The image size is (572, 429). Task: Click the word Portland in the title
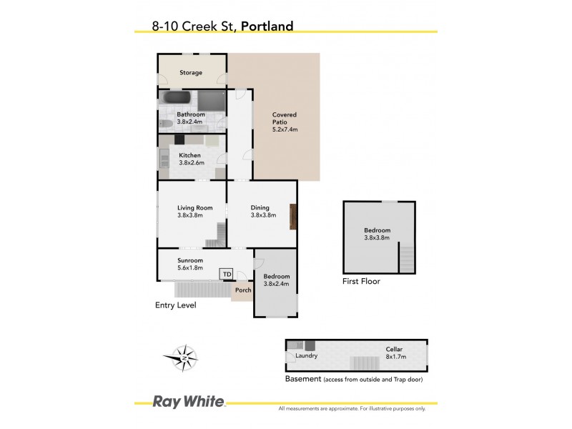click(267, 26)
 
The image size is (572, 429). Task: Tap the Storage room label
click(191, 73)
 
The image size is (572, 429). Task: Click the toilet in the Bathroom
click(165, 124)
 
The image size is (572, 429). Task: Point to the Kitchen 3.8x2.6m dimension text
click(191, 162)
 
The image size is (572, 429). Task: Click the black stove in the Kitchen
click(179, 139)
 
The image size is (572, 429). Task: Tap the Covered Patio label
click(284, 122)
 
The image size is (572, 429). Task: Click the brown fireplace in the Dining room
click(292, 217)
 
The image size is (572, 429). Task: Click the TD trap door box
click(227, 274)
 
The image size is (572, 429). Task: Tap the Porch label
click(243, 290)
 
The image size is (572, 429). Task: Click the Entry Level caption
click(175, 305)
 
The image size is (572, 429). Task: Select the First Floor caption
click(361, 282)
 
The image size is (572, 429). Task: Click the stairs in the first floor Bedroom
click(405, 258)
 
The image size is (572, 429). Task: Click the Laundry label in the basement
click(307, 355)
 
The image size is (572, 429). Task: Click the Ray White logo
click(189, 402)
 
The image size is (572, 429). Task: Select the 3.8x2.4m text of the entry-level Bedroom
click(277, 284)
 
